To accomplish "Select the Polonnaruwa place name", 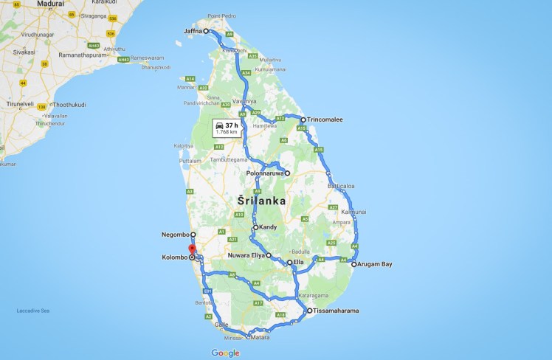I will tap(265, 173).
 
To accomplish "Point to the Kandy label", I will tap(267, 227).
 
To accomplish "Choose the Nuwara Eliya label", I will tap(245, 255).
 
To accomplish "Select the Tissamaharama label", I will tap(337, 311).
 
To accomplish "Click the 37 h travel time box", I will tap(227, 128).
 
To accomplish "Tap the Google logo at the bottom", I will tap(225, 353).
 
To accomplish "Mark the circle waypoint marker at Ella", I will tap(289, 262).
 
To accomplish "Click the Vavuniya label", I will tap(244, 101).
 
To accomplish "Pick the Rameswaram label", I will tap(147, 58).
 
